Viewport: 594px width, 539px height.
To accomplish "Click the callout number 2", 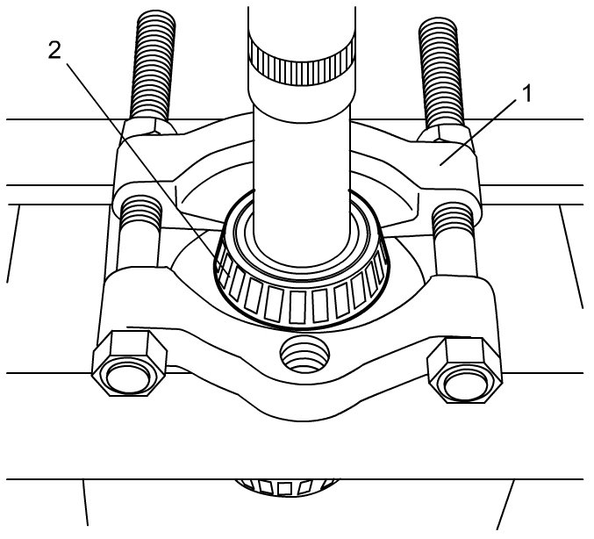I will tap(54, 50).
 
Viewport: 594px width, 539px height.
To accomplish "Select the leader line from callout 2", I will tap(140, 158).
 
